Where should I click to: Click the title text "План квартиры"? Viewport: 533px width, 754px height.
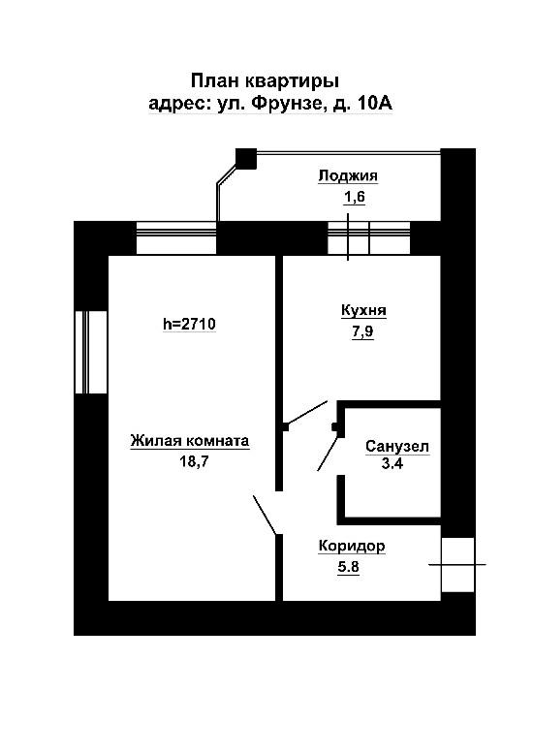(x=265, y=80)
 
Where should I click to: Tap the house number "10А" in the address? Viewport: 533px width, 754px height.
(x=375, y=104)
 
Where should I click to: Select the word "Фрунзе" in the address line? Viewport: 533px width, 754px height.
(x=286, y=104)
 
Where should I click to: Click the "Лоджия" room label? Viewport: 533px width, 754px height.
(x=348, y=176)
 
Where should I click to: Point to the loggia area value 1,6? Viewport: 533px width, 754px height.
(x=355, y=196)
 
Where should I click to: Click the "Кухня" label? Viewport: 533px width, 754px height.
(x=363, y=311)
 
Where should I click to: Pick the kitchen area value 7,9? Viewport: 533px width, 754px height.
(x=363, y=331)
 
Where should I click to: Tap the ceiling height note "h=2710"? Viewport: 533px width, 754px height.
(x=190, y=324)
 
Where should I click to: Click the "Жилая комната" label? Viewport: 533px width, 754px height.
(x=190, y=440)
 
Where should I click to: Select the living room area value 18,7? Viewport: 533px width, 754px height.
(x=194, y=461)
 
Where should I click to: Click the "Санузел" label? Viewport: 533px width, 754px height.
(x=397, y=447)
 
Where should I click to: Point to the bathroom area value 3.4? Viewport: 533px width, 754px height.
(x=392, y=463)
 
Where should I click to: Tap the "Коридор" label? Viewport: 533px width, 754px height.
(x=352, y=547)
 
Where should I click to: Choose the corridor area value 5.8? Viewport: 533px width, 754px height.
(x=348, y=567)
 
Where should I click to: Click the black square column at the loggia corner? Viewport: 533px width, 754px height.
(x=246, y=158)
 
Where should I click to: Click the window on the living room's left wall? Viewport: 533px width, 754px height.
(x=91, y=352)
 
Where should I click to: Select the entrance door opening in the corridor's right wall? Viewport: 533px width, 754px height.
(x=457, y=565)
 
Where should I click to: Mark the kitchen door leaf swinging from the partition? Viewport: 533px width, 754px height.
(x=306, y=414)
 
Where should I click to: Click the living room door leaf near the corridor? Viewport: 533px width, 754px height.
(x=265, y=515)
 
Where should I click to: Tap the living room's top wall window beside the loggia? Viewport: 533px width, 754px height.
(x=176, y=237)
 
